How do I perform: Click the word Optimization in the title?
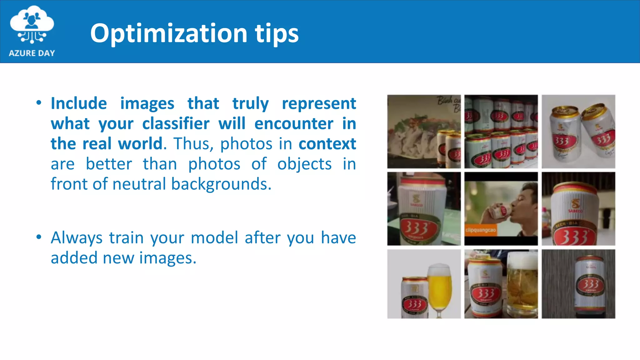[x=169, y=33]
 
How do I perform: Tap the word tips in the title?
[x=277, y=33]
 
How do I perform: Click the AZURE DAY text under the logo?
[x=32, y=53]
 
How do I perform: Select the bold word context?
[x=327, y=144]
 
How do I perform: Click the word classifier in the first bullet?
[x=176, y=123]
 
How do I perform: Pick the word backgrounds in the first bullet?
[x=221, y=184]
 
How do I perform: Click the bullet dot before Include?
[x=39, y=103]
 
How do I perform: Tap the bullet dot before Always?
[x=39, y=237]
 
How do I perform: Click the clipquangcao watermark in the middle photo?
[x=480, y=230]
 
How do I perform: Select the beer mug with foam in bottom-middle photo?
[x=522, y=284]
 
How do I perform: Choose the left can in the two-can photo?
[x=564, y=133]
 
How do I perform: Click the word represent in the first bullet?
[x=319, y=103]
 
